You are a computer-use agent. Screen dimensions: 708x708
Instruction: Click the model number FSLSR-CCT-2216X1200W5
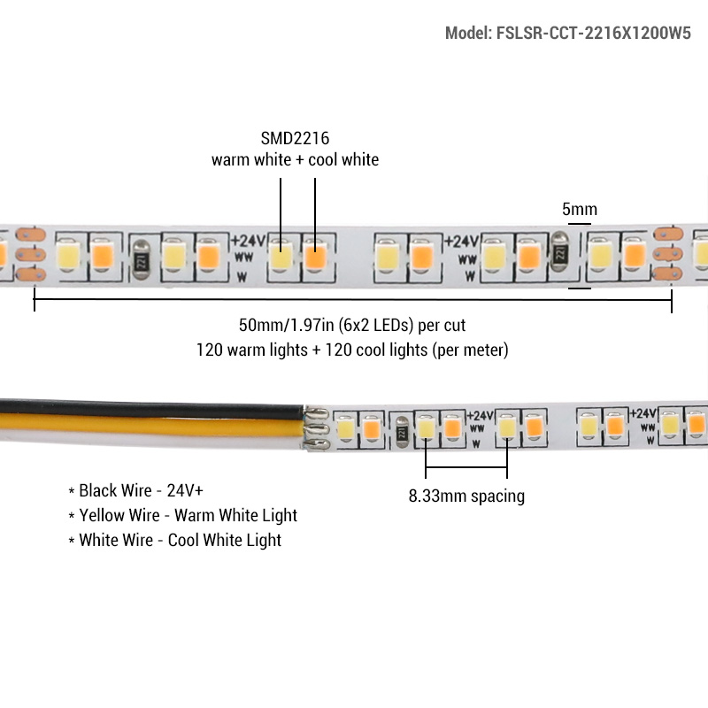coord(567,34)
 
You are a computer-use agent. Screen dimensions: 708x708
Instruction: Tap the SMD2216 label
coord(295,139)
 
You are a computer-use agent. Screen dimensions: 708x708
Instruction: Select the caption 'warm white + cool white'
coord(295,160)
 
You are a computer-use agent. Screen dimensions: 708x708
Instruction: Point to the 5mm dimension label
coord(580,210)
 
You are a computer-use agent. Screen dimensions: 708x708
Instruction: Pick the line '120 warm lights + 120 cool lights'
coord(352,350)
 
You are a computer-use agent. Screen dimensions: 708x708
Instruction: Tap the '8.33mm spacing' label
coord(466,496)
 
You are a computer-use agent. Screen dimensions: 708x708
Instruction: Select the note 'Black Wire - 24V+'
coord(141,490)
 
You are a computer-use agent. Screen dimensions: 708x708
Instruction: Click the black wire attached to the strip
coord(133,410)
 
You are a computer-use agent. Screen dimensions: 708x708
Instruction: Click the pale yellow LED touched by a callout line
coord(281,256)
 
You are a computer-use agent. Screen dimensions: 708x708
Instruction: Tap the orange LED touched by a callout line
coord(316,256)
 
